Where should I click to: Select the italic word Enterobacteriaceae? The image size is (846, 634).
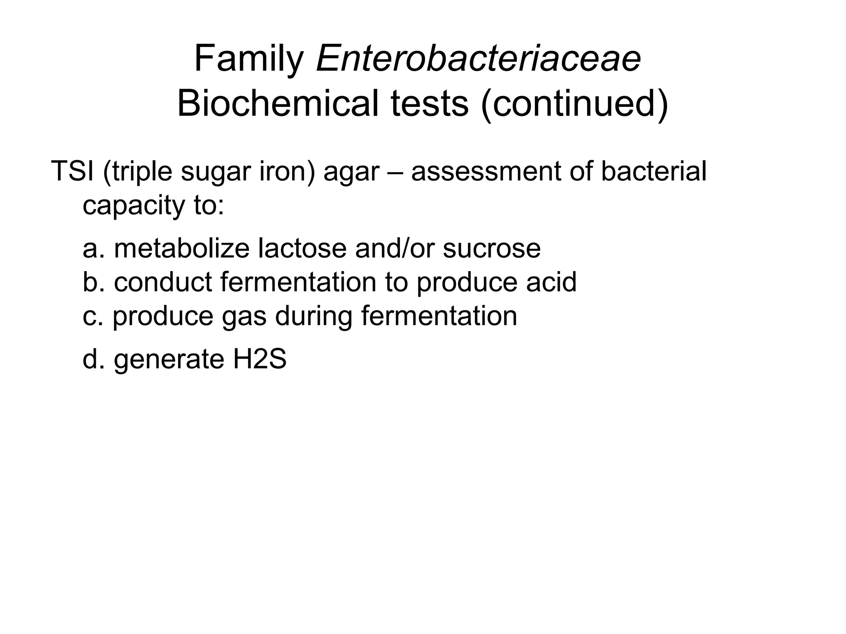478,59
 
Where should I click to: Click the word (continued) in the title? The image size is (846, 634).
575,104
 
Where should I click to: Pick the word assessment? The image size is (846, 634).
486,172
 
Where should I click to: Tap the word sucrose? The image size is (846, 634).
492,249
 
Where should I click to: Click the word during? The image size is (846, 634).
314,316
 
